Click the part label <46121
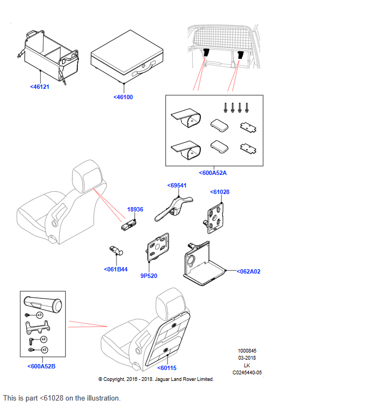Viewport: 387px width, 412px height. point(40,87)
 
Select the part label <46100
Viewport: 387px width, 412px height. point(123,97)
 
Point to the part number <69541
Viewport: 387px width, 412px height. point(177,185)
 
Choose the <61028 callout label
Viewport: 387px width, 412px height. point(220,192)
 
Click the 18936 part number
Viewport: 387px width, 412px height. point(135,209)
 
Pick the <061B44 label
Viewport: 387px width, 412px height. point(115,269)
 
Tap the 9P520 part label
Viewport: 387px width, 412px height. point(149,276)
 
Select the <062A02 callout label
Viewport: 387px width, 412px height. point(248,271)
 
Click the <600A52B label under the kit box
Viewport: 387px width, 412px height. point(41,366)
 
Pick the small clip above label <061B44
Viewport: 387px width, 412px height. point(115,251)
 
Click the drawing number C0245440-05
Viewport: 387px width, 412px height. point(247,373)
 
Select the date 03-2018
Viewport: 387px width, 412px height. point(247,358)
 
